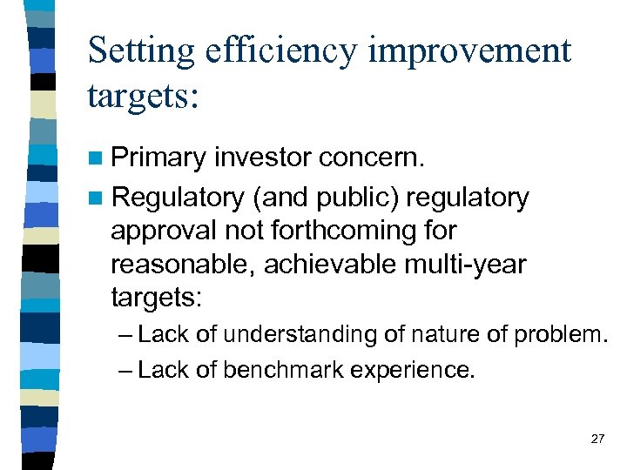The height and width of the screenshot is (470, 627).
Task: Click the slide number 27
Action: (x=597, y=439)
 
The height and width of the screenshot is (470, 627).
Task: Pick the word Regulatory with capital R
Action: (x=178, y=198)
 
